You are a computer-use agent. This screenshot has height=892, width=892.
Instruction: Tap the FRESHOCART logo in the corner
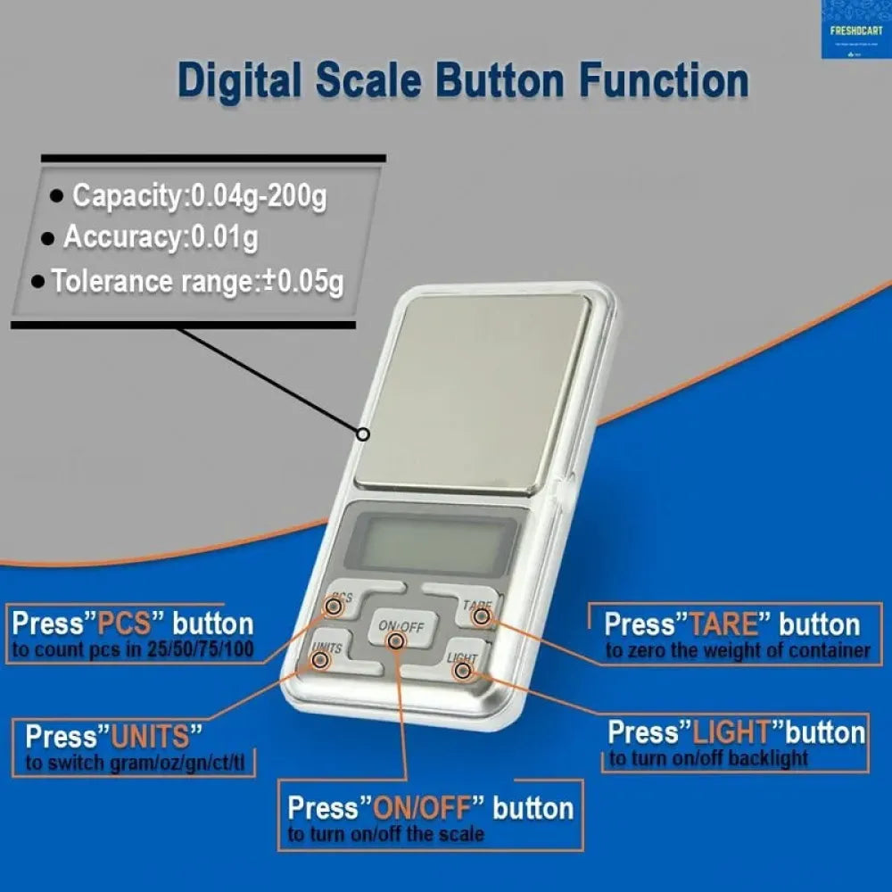click(x=855, y=29)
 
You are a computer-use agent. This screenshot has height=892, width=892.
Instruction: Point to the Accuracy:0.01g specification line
click(x=161, y=238)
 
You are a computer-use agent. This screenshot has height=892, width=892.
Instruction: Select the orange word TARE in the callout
click(x=727, y=624)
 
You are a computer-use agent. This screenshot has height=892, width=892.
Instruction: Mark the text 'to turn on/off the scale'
click(x=385, y=835)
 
